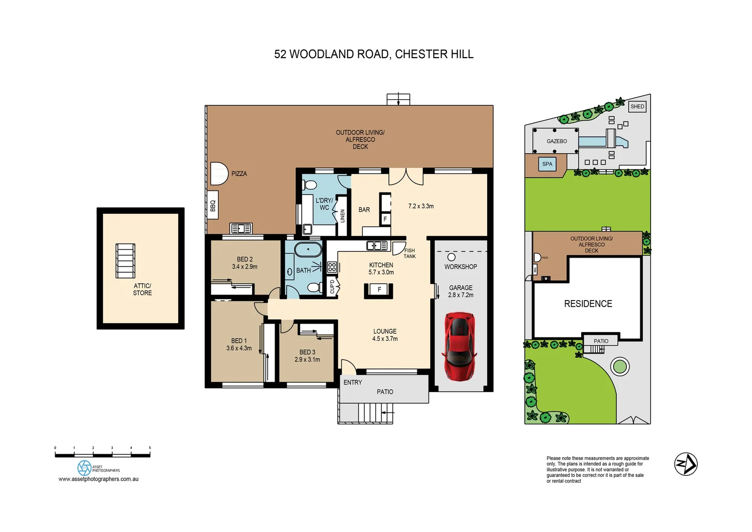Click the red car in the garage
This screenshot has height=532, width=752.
[460, 346]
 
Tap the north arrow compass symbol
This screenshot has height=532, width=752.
[686, 464]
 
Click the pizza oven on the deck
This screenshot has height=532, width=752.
[219, 173]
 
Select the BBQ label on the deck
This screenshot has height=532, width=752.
[213, 205]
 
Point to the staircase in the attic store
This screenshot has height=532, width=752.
[125, 261]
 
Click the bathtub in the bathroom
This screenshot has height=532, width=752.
[308, 249]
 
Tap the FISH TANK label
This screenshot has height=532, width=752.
[409, 253]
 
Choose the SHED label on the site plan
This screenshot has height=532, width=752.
[637, 106]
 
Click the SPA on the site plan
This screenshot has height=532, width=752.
[547, 164]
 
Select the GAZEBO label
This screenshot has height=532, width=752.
[557, 141]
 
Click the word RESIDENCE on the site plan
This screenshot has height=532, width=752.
[588, 304]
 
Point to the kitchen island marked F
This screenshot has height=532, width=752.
[378, 290]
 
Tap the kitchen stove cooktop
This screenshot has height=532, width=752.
[332, 267]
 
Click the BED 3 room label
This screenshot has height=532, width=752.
[307, 356]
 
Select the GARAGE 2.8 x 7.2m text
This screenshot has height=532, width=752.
[461, 291]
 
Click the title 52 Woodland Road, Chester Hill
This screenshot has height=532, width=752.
[374, 54]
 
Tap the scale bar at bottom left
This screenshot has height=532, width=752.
[102, 455]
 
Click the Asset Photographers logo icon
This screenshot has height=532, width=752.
[84, 467]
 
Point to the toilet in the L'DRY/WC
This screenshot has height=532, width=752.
[310, 185]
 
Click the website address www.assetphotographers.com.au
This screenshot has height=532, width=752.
[98, 479]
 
